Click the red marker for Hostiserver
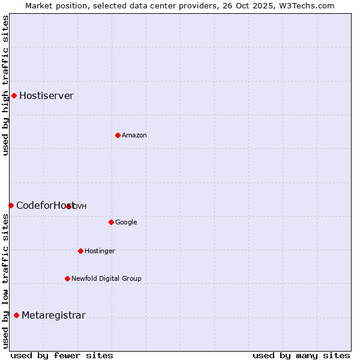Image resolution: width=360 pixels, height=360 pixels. pyautogui.click(x=14, y=95)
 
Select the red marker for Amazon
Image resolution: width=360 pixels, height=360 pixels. pyautogui.click(x=118, y=135)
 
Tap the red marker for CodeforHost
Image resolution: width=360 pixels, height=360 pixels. pyautogui.click(x=11, y=205)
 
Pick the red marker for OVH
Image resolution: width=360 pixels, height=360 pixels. pyautogui.click(x=69, y=206)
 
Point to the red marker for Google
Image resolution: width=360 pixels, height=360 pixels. pyautogui.click(x=111, y=222)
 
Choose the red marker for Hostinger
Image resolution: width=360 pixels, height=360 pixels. pyautogui.click(x=80, y=251)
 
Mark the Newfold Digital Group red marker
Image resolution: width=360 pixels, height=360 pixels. pyautogui.click(x=67, y=278)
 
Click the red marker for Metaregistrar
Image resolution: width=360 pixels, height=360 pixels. pyautogui.click(x=16, y=316)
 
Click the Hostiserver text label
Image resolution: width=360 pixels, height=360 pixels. pyautogui.click(x=46, y=96)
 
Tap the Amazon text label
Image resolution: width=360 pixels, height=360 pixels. pyautogui.click(x=134, y=136)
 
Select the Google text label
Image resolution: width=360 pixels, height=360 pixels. pyautogui.click(x=126, y=223)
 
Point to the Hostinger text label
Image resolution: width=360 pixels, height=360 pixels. pyautogui.click(x=100, y=251)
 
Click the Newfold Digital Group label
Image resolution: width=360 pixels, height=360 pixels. pyautogui.click(x=106, y=278)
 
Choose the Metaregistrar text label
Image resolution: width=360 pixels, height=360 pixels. pyautogui.click(x=53, y=316)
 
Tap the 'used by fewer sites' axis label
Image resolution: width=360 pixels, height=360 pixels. pyautogui.click(x=62, y=355)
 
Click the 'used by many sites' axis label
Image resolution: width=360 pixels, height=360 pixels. pyautogui.click(x=301, y=355)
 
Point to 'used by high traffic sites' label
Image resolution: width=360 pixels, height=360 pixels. pyautogui.click(x=5, y=85)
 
